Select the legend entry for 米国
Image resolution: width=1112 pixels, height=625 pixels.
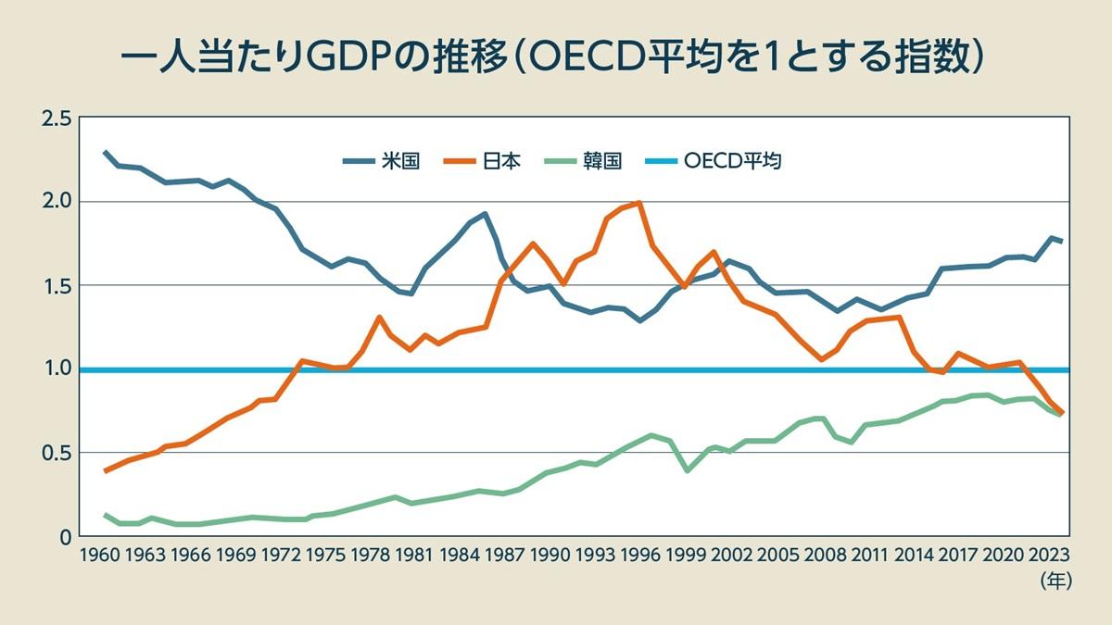tap(382, 161)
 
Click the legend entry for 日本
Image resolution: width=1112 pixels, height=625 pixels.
tap(486, 161)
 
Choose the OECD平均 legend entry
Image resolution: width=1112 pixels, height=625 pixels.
tap(717, 161)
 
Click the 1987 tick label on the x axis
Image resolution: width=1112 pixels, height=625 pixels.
tap(504, 556)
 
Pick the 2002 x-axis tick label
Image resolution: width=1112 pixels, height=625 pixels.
tap(731, 556)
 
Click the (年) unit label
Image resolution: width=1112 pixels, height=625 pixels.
tap(1055, 581)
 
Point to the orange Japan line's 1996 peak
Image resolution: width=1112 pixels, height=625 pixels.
tap(639, 203)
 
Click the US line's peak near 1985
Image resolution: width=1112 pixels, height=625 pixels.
tap(485, 214)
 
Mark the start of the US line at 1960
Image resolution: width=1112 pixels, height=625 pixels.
tap(105, 152)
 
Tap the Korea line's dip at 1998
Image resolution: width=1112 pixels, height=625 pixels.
tap(687, 470)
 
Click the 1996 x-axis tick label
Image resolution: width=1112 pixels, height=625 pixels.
tap(640, 556)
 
